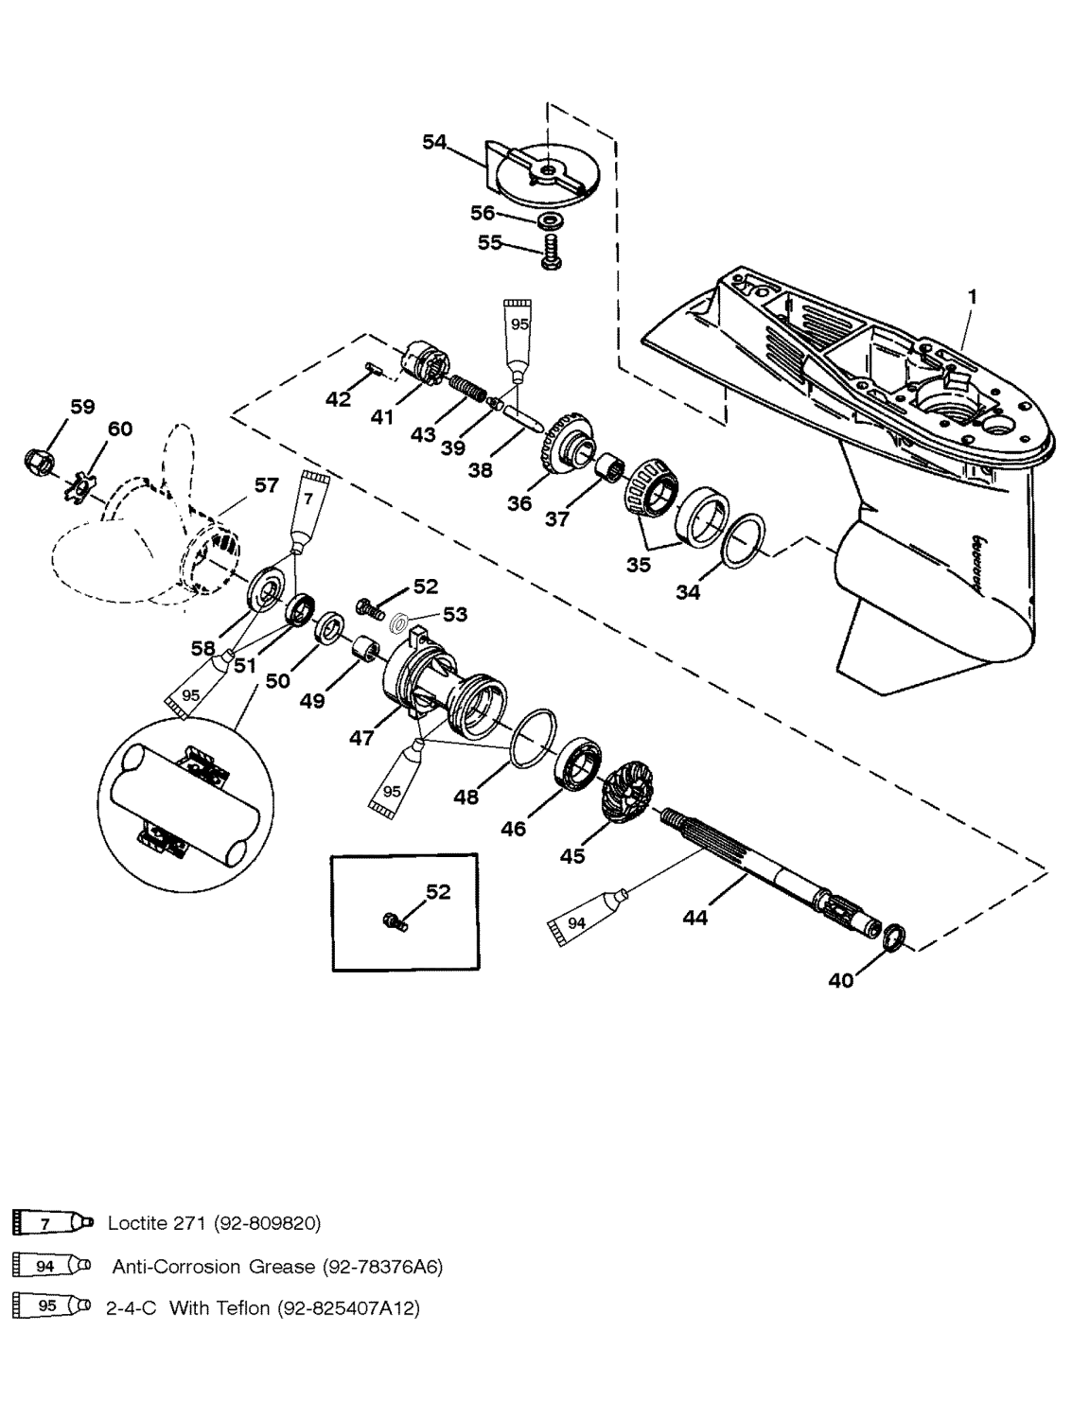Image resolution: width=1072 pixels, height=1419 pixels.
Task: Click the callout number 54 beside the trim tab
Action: pos(434,141)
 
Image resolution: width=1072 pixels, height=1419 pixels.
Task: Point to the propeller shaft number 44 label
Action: pos(695,917)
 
